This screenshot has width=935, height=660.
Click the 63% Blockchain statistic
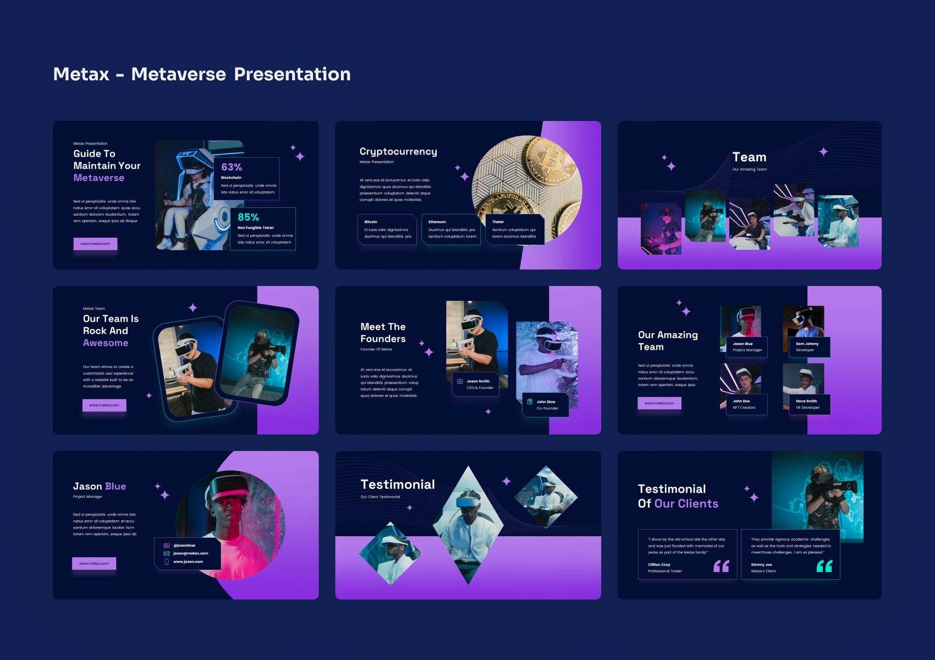232,167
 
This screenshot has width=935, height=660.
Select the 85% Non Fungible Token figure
248,217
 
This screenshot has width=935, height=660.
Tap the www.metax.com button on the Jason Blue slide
94,563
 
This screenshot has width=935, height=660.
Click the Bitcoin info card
387,229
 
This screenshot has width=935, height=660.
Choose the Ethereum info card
452,229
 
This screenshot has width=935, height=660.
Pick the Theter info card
514,229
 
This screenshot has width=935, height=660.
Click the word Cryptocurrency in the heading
398,151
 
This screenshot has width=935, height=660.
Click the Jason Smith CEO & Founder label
476,384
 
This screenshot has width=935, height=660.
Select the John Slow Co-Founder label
546,405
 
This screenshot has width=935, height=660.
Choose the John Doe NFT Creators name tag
744,404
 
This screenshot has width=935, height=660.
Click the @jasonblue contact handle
184,546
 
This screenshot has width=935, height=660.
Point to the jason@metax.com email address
190,553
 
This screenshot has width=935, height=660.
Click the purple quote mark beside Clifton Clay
721,566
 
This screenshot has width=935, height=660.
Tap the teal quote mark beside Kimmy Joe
824,566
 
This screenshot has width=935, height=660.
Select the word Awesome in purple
106,343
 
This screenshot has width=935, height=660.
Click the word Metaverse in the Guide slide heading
99,178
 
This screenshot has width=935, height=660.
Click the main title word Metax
81,74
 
